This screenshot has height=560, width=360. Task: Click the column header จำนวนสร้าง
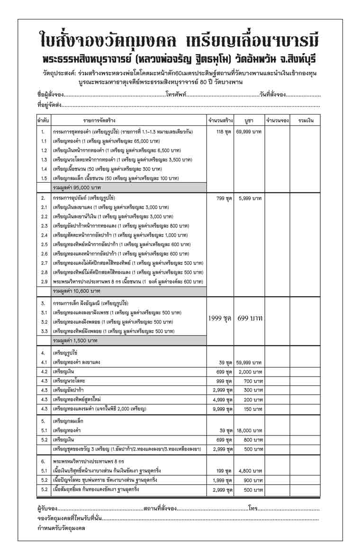(220, 120)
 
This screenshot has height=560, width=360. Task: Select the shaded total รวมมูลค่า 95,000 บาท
(76, 187)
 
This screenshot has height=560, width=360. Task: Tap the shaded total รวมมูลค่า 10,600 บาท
(76, 291)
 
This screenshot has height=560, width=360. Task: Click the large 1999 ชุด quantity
(220, 318)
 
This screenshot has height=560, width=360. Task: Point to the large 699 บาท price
(250, 318)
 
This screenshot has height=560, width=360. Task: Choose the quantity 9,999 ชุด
(222, 409)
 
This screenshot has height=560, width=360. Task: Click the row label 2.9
(44, 282)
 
